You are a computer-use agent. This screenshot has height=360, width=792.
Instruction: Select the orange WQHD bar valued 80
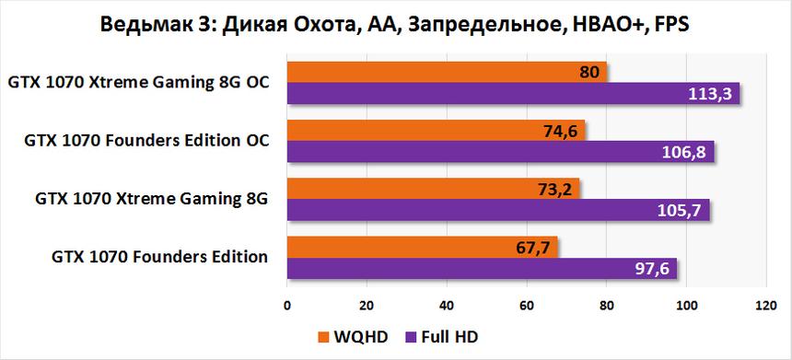click(x=447, y=72)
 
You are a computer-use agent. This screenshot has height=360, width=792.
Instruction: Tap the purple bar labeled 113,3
click(x=513, y=93)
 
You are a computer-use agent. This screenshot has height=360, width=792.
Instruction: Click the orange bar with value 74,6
click(x=436, y=131)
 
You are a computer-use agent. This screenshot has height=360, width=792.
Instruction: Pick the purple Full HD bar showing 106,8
click(x=500, y=152)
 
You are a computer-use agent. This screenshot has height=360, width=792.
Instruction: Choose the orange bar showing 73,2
click(x=433, y=189)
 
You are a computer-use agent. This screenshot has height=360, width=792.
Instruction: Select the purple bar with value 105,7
click(x=498, y=210)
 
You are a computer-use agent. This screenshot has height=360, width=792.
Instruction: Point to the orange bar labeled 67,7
click(x=422, y=247)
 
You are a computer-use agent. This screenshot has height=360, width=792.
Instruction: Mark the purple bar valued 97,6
click(x=482, y=268)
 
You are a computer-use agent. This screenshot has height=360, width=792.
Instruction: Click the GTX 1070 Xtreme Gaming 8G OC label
click(x=138, y=83)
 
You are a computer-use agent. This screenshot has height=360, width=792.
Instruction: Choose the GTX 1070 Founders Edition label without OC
click(x=159, y=257)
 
